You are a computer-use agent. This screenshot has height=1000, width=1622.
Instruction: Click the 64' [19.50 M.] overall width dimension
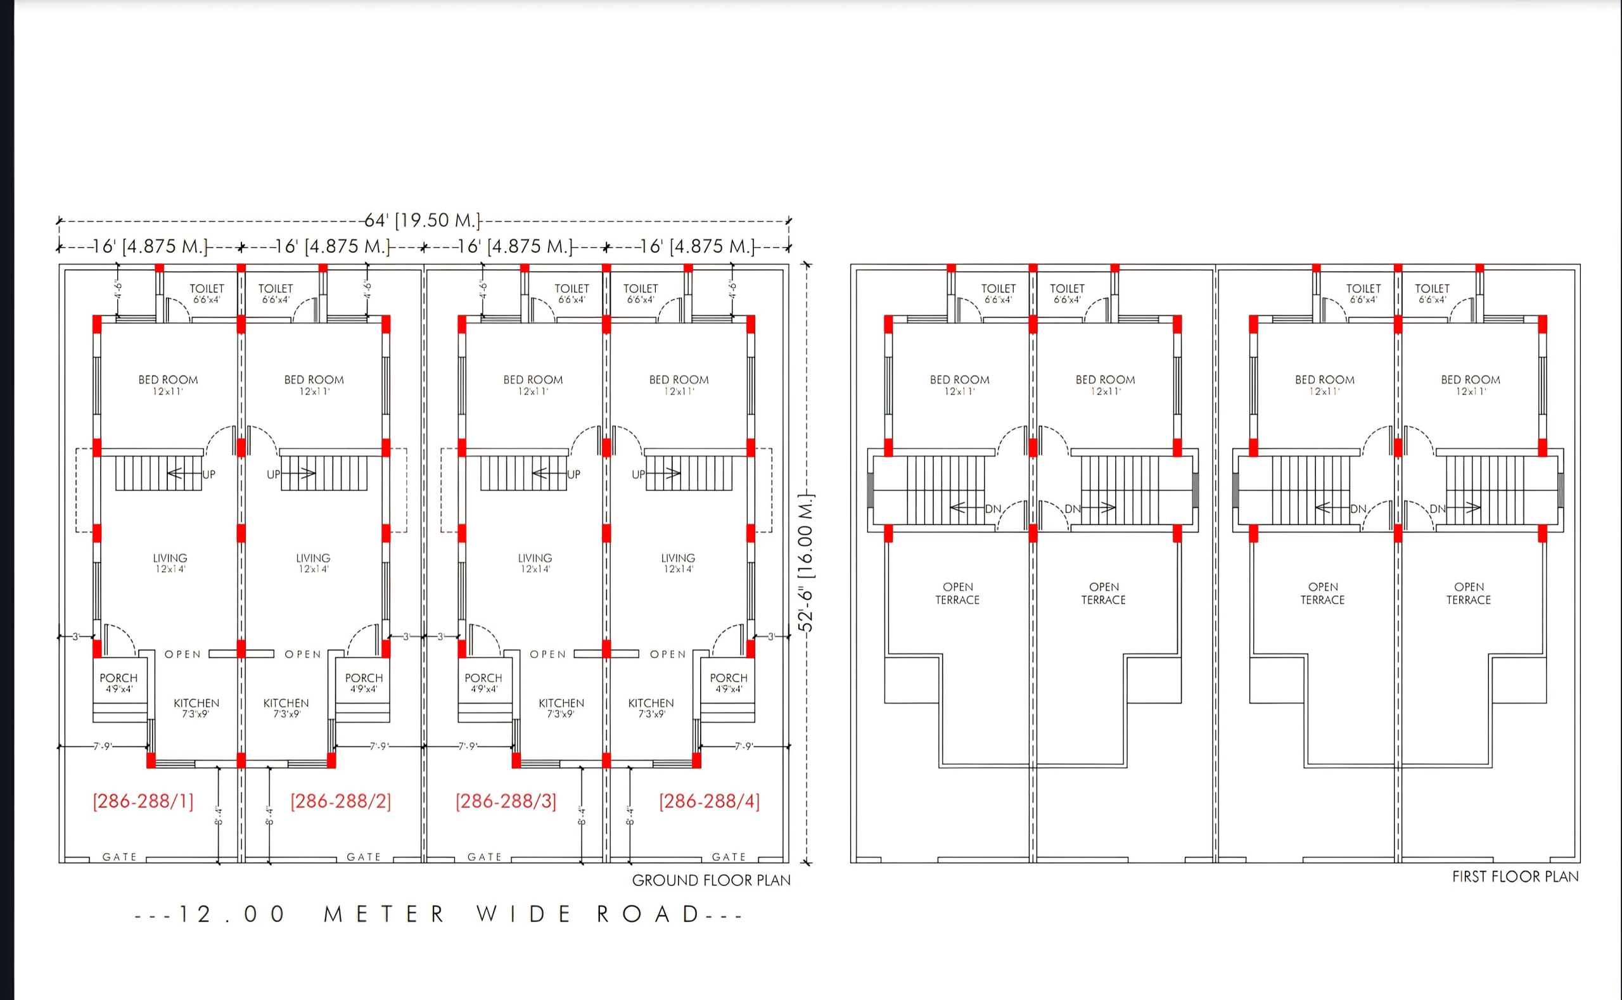click(423, 220)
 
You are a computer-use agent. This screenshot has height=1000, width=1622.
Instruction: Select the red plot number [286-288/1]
click(144, 801)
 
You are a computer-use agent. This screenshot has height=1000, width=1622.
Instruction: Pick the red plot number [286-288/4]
click(709, 801)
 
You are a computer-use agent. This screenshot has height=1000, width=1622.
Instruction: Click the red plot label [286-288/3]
click(506, 801)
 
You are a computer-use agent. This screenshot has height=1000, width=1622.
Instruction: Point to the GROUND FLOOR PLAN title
click(711, 880)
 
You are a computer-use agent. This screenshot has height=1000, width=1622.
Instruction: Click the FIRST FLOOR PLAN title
click(1516, 877)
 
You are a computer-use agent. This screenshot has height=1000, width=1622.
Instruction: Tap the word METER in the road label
click(384, 914)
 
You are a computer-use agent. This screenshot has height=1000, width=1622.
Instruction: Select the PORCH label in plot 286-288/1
click(119, 678)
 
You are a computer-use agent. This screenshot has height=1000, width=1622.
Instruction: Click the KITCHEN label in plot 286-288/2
click(286, 703)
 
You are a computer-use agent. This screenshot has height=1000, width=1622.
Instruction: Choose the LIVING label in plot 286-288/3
click(535, 558)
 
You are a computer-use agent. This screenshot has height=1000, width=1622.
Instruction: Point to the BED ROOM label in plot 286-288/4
click(679, 379)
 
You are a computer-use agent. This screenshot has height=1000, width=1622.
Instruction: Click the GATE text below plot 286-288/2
click(364, 856)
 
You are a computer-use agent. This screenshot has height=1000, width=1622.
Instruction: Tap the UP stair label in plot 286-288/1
click(209, 474)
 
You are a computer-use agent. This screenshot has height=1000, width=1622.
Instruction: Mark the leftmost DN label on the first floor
click(993, 509)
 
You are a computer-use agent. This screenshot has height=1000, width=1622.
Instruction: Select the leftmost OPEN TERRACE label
click(958, 593)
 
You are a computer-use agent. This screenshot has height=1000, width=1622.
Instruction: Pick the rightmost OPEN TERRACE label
click(1469, 593)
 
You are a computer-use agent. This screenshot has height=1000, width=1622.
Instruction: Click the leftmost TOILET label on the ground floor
click(207, 288)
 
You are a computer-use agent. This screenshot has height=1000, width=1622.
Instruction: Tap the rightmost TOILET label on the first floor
click(1432, 288)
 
